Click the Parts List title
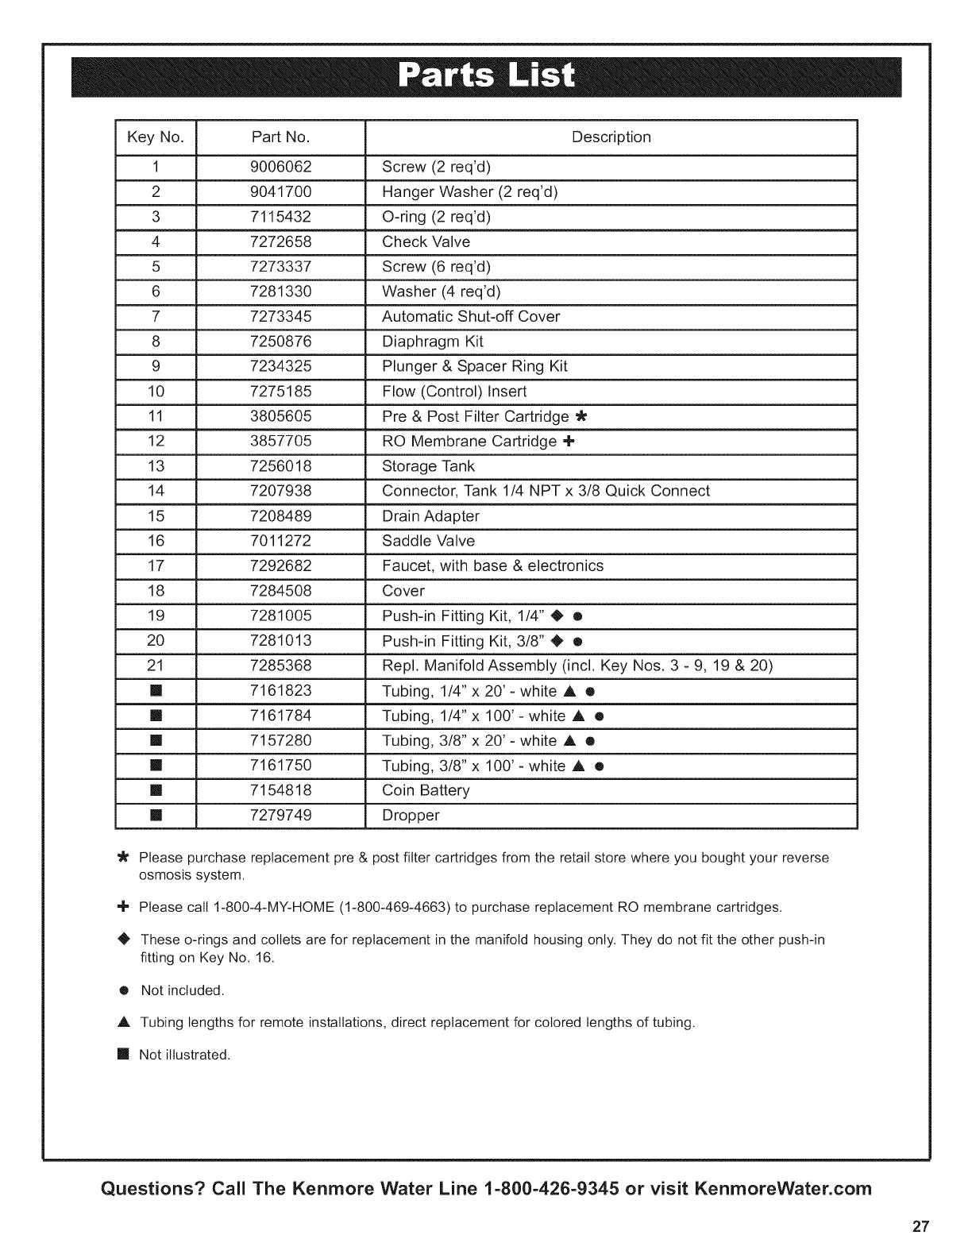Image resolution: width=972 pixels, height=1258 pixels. point(485,76)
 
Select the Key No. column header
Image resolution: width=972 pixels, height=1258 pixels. point(155,137)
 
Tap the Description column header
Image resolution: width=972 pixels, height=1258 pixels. point(611,137)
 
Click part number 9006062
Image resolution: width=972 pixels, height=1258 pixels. point(280,167)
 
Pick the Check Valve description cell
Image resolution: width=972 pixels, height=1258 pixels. point(426,242)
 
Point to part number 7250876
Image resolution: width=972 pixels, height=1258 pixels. point(280,342)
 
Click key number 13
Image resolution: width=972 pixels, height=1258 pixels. point(156,466)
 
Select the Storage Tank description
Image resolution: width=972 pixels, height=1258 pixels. point(428,466)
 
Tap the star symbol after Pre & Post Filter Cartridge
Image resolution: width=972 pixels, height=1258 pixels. point(581,417)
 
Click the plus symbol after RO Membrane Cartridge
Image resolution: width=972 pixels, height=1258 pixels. point(569,442)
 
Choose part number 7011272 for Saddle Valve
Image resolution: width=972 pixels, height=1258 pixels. point(280,541)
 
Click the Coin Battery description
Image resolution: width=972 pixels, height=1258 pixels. point(426,791)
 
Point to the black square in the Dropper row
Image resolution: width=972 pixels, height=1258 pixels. point(156,816)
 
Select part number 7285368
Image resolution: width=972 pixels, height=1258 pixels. point(280,666)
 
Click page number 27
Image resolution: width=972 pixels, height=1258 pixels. point(920,1225)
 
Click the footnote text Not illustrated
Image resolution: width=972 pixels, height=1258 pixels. point(184,1055)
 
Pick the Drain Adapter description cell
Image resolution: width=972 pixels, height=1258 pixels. point(430,516)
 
